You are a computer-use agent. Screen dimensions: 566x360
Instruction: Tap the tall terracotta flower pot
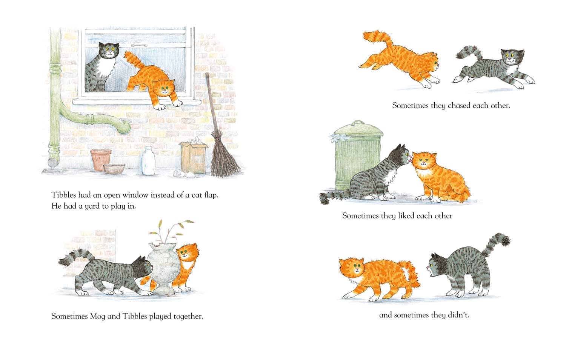coord(101,159)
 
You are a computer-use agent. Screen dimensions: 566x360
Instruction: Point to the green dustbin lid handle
coord(357,123)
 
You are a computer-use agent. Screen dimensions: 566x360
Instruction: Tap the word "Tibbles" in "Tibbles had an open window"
coord(64,195)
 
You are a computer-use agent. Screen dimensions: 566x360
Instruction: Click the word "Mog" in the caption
coord(97,316)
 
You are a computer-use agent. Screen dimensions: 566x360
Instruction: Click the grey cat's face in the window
coord(109,51)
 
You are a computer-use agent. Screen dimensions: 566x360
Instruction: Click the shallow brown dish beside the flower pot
coord(114,169)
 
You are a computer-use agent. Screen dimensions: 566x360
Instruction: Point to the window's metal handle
coord(139,45)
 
